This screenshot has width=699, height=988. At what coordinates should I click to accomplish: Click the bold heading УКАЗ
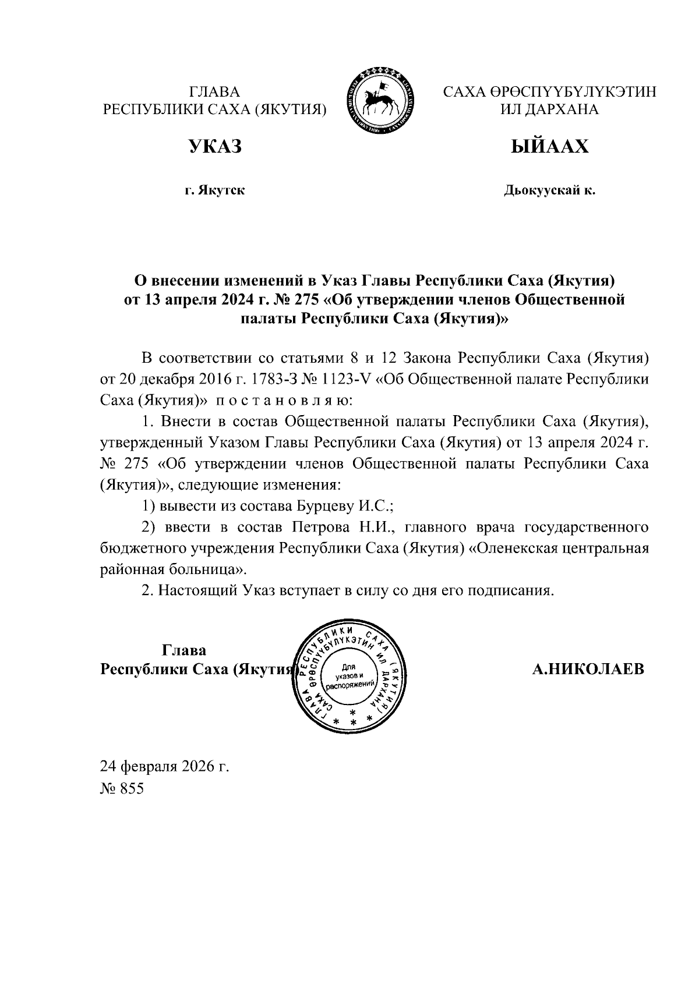pos(214,147)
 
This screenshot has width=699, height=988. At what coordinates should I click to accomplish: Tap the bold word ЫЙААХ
pos(549,147)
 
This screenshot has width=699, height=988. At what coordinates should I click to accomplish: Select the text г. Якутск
pos(214,190)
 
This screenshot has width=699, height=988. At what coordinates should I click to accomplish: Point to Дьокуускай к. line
pos(549,190)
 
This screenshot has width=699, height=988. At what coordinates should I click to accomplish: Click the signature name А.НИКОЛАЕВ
pos(588,669)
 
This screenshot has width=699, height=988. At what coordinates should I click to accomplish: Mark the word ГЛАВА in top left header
pos(214,92)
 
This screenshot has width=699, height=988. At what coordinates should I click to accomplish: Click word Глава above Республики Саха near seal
pos(183,650)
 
